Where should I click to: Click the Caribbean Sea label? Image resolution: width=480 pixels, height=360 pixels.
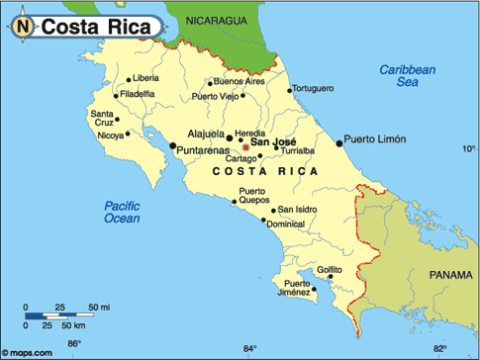click(408, 76)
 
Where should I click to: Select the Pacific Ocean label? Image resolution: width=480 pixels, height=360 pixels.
click(123, 212)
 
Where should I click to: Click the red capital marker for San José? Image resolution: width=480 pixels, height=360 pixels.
click(246, 149)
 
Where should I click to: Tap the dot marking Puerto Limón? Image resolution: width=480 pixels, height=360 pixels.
click(338, 143)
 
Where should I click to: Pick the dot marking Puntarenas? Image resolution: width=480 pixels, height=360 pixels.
click(173, 146)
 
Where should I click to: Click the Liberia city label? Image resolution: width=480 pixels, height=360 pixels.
click(144, 77)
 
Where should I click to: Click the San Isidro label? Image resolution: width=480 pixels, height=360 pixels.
click(298, 209)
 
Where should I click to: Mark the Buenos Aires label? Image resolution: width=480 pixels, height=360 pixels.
click(240, 81)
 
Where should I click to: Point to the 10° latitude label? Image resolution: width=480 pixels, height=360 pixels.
click(469, 149)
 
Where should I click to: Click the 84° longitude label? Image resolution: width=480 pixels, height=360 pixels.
click(249, 348)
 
